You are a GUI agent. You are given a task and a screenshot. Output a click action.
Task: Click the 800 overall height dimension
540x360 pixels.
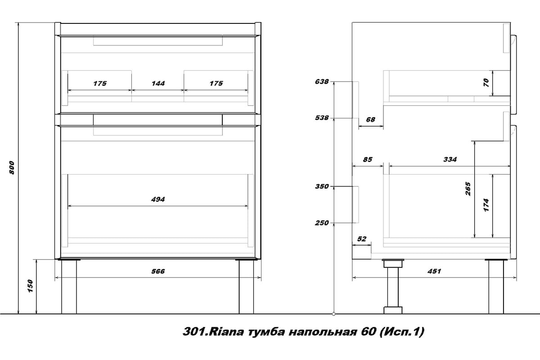pos(12,167)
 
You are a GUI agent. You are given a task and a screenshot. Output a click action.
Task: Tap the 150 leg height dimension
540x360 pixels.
pos(30,286)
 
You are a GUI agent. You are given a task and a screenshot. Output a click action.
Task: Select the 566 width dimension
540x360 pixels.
pos(158,271)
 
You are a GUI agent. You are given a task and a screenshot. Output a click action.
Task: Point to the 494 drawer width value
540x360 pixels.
pos(158,199)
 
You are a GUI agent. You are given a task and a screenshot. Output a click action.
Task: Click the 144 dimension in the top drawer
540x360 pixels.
pos(158,83)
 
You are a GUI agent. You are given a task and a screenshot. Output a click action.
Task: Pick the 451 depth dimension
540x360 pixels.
pos(434,271)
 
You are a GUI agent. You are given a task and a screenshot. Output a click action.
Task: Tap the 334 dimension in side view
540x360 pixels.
pos(450,159)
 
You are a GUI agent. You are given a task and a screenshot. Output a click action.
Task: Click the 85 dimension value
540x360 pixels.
pos(368,159)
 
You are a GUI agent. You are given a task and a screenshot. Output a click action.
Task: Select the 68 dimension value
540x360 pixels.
pos(370,120)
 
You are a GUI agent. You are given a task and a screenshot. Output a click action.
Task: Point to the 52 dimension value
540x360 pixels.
pos(362,238)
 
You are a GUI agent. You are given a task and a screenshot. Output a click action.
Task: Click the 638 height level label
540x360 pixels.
pos(322,81)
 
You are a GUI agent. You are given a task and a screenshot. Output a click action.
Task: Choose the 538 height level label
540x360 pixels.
pos(322,117)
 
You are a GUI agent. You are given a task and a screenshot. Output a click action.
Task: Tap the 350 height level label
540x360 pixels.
pos(322,186)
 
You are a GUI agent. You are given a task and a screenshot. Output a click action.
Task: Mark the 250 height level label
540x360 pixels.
pos(322,223)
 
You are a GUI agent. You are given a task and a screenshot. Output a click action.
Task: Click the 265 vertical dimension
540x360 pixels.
pos(468,189)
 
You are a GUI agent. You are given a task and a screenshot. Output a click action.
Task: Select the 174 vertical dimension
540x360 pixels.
pos(486,205)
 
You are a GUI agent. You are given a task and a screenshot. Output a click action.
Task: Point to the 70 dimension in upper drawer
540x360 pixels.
pos(486,83)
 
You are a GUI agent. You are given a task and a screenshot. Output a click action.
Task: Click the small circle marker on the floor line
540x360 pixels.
pos(334,314)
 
